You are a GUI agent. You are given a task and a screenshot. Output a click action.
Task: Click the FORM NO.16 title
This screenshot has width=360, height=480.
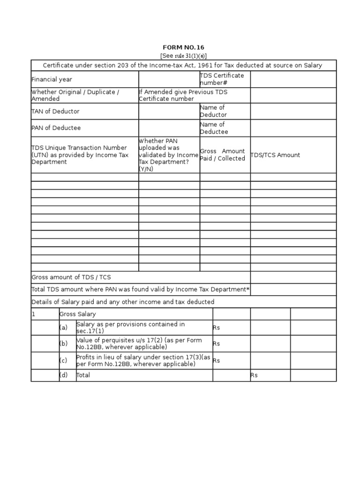click(183, 47)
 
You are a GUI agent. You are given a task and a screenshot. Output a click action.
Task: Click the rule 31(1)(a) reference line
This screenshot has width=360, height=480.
click(183, 55)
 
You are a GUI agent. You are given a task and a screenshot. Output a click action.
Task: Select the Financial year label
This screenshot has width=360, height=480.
click(52, 80)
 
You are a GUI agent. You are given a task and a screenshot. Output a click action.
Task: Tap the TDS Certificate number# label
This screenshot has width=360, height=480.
click(222, 79)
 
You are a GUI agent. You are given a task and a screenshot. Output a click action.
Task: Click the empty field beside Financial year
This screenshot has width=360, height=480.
click(169, 80)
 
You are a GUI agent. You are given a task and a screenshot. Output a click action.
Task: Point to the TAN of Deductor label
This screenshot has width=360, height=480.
click(55, 112)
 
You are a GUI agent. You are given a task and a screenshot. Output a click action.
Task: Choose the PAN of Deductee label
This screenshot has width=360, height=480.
click(56, 128)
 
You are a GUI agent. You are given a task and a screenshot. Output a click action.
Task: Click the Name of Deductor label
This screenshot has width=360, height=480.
click(213, 111)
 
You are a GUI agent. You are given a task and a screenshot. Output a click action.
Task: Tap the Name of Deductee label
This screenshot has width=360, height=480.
click(214, 128)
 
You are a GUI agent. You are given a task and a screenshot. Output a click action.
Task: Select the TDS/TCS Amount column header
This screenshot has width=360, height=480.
click(275, 155)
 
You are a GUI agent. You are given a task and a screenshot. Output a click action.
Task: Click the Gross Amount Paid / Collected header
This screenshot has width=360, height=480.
click(223, 155)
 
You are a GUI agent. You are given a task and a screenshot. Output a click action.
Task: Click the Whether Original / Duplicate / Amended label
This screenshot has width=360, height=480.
click(75, 96)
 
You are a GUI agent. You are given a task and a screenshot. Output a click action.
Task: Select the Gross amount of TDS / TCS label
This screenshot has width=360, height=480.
click(71, 277)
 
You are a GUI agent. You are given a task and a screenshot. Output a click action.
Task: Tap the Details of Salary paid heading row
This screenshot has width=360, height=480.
click(123, 302)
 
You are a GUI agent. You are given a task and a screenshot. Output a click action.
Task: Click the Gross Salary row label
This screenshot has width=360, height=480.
click(77, 314)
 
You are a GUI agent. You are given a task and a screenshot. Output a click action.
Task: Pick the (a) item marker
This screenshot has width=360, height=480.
click(63, 328)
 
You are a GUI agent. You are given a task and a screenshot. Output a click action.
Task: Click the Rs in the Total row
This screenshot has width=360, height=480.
click(254, 375)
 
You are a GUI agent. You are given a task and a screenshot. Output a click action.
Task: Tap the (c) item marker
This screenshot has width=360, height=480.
click(63, 360)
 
